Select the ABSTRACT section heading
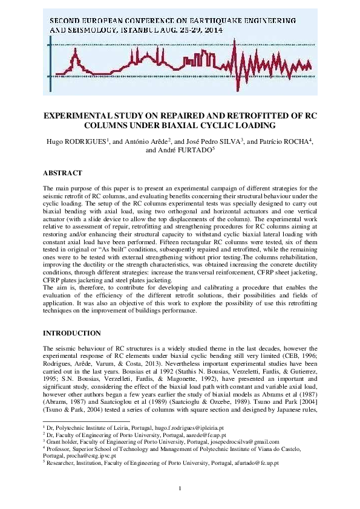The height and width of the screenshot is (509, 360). pyautogui.click(x=63, y=173)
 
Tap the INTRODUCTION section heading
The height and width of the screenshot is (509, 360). pyautogui.click(x=72, y=333)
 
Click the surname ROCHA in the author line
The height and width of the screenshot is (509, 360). pyautogui.click(x=290, y=141)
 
